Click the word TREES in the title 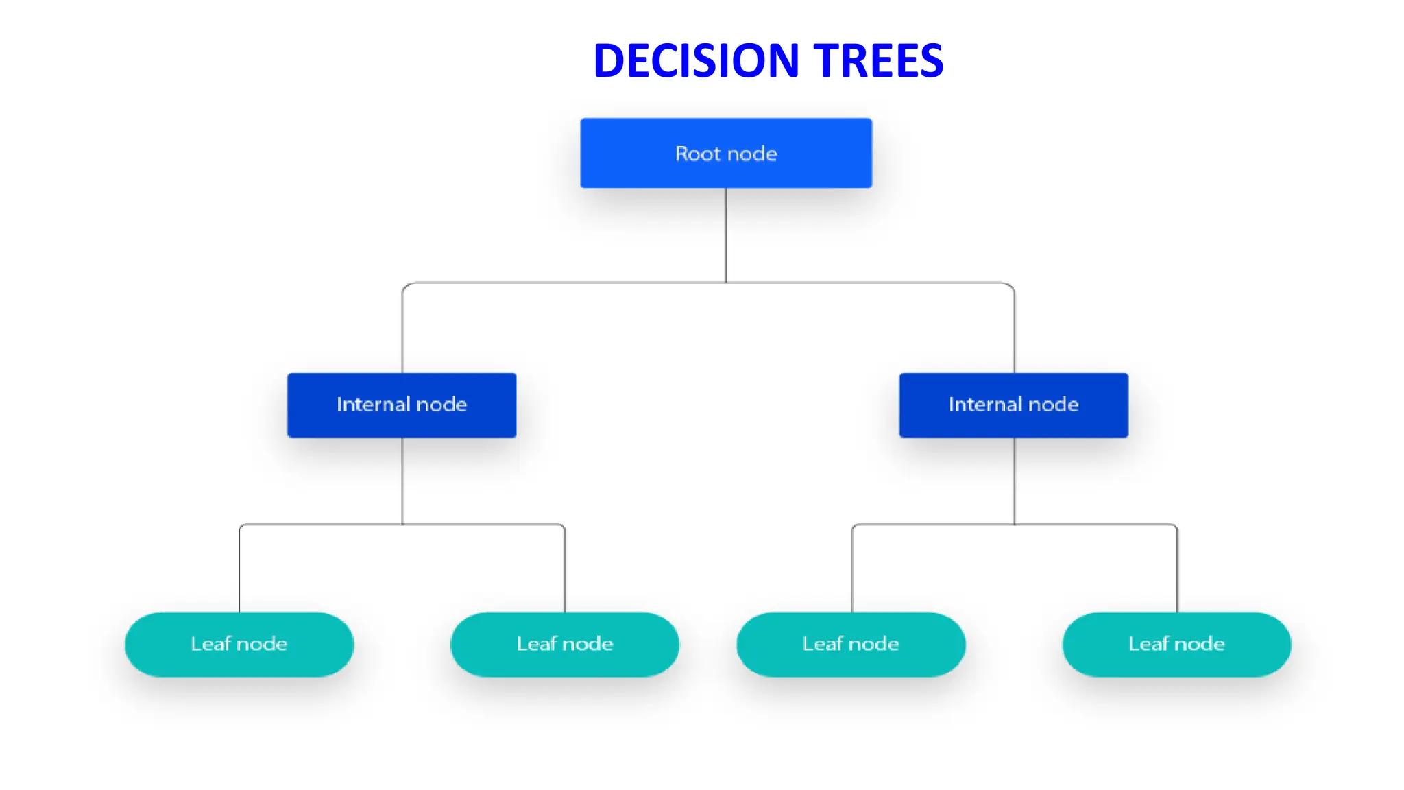coord(878,60)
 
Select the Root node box coord(726,153)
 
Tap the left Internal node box coord(402,405)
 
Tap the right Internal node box coord(1013,405)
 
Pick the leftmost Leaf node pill coord(239,644)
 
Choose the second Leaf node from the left coord(564,644)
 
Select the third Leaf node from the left coord(851,644)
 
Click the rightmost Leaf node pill coord(1176,644)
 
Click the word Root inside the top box coord(697,154)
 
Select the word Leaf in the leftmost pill coord(210,644)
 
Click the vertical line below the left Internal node coord(402,480)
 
